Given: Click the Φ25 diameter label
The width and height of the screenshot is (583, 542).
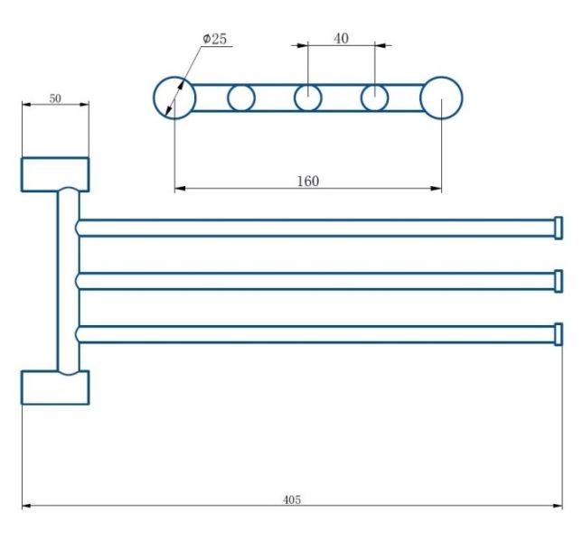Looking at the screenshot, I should (x=214, y=39).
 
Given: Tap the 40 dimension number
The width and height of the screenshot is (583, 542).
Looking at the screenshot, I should (x=341, y=38).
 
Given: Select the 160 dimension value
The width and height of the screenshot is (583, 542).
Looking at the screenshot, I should (x=308, y=181).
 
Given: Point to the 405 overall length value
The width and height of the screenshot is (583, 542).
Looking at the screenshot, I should (x=291, y=499).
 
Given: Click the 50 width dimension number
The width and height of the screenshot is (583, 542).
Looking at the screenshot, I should (x=55, y=98).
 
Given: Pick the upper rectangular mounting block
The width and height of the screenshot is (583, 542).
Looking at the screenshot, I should (x=55, y=174).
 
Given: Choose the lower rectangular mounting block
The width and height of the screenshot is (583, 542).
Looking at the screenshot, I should (x=55, y=388).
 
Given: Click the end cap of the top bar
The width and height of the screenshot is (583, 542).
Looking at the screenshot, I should (x=559, y=228).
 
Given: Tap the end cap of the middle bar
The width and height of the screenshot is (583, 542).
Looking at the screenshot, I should (x=559, y=281).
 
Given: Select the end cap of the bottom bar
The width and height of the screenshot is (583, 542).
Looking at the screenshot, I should (x=559, y=334).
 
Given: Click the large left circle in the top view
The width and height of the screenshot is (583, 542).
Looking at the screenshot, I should (x=174, y=98).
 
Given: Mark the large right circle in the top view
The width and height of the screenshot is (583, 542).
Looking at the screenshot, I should (x=441, y=98).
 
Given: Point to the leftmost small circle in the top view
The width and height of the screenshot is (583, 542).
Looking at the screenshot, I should (x=241, y=98).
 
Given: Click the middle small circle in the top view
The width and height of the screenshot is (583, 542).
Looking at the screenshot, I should (x=308, y=98).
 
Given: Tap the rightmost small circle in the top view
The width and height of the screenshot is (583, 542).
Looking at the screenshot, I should (x=374, y=98).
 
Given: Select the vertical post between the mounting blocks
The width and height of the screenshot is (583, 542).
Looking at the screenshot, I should (x=68, y=280).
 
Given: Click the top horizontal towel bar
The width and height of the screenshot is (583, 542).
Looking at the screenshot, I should (x=316, y=228).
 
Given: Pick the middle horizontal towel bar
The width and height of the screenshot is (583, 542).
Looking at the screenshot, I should (x=316, y=281).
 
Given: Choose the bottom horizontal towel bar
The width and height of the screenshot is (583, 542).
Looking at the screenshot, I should (x=316, y=334).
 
